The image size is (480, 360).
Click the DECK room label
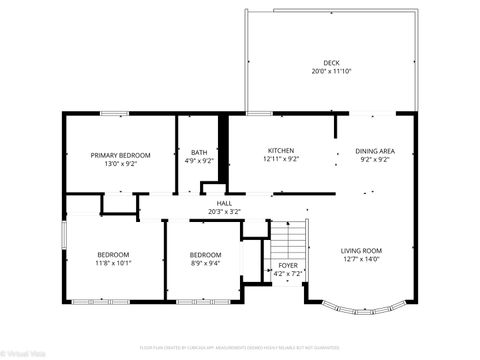point(330,63)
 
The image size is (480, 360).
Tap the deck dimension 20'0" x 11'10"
point(330,72)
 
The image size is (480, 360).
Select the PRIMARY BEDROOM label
point(120,155)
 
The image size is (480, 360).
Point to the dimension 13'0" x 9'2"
point(120,163)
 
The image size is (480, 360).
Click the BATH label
point(200,152)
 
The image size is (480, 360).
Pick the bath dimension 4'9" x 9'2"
point(200,160)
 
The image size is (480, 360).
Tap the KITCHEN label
point(281,150)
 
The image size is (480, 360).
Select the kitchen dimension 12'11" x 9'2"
point(281,159)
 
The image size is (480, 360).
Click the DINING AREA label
point(375,151)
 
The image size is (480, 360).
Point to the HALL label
point(224,203)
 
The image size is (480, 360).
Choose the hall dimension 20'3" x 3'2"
point(224,211)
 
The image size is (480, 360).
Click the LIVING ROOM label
point(362,250)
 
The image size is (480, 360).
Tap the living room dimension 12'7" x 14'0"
point(362,258)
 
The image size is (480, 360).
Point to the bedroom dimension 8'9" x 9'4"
point(205,263)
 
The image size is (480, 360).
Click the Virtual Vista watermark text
point(21,353)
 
